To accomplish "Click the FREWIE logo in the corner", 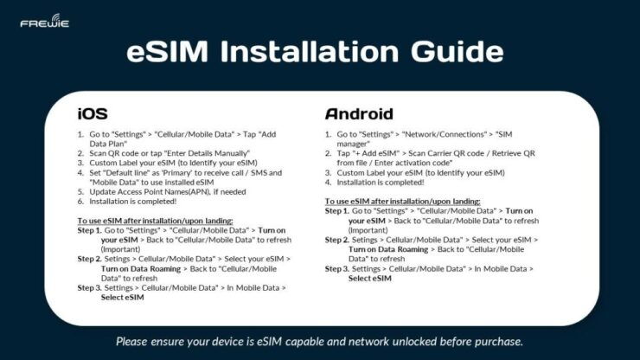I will click(x=44, y=20).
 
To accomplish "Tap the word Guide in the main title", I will click(x=453, y=53).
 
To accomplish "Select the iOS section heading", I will click(x=93, y=114).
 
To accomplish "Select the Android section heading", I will click(x=359, y=114).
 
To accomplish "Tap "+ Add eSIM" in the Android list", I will click(x=371, y=153).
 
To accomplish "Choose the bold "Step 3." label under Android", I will click(x=336, y=269).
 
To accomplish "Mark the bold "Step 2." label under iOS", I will click(x=88, y=258).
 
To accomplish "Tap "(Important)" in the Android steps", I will click(x=368, y=230).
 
